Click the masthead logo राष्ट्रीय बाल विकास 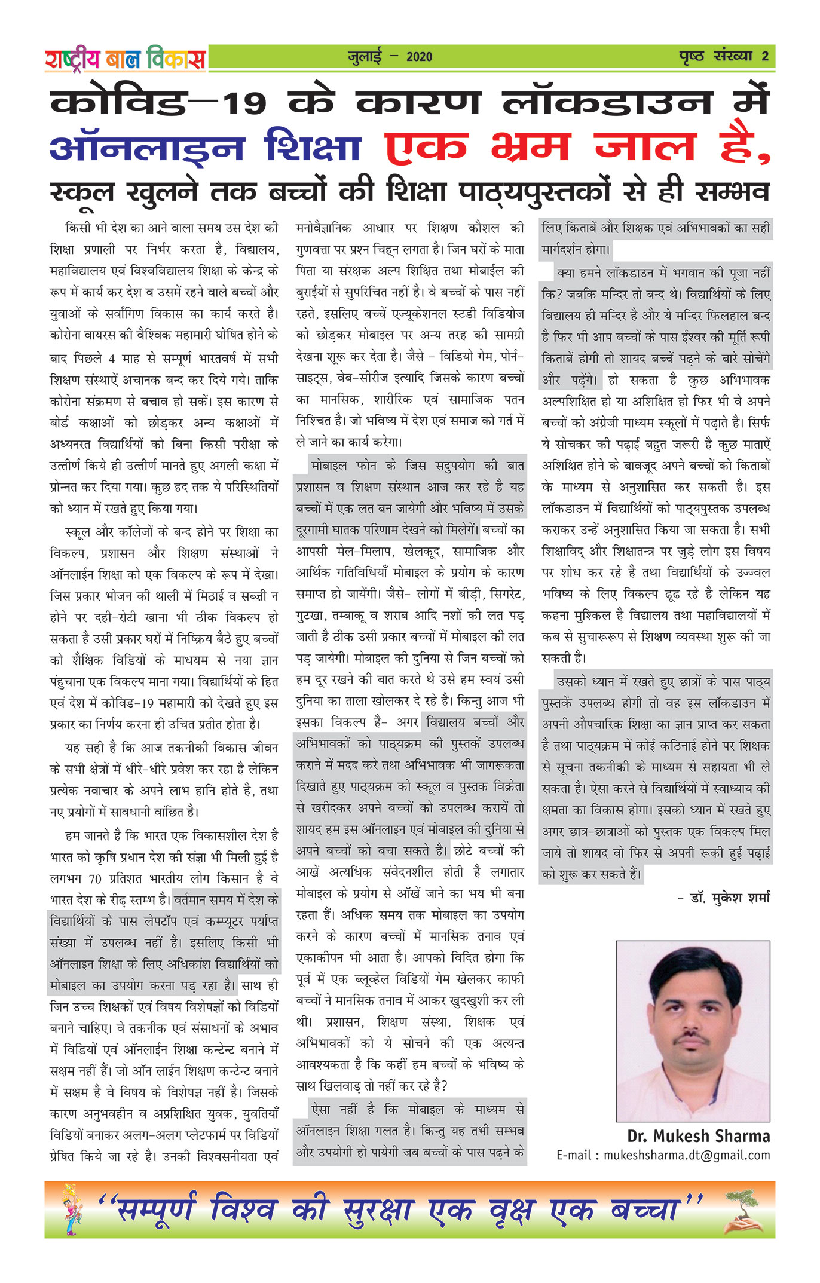click(x=125, y=59)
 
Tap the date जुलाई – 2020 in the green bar click(x=390, y=57)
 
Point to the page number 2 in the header click(x=765, y=57)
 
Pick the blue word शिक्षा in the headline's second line click(x=313, y=147)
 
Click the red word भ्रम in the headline click(x=530, y=147)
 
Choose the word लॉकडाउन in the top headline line click(x=607, y=103)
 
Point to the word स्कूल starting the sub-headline click(x=82, y=193)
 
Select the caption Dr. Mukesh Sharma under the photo click(x=698, y=1136)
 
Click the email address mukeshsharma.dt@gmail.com click(x=686, y=1155)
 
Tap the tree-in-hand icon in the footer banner click(x=743, y=1211)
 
